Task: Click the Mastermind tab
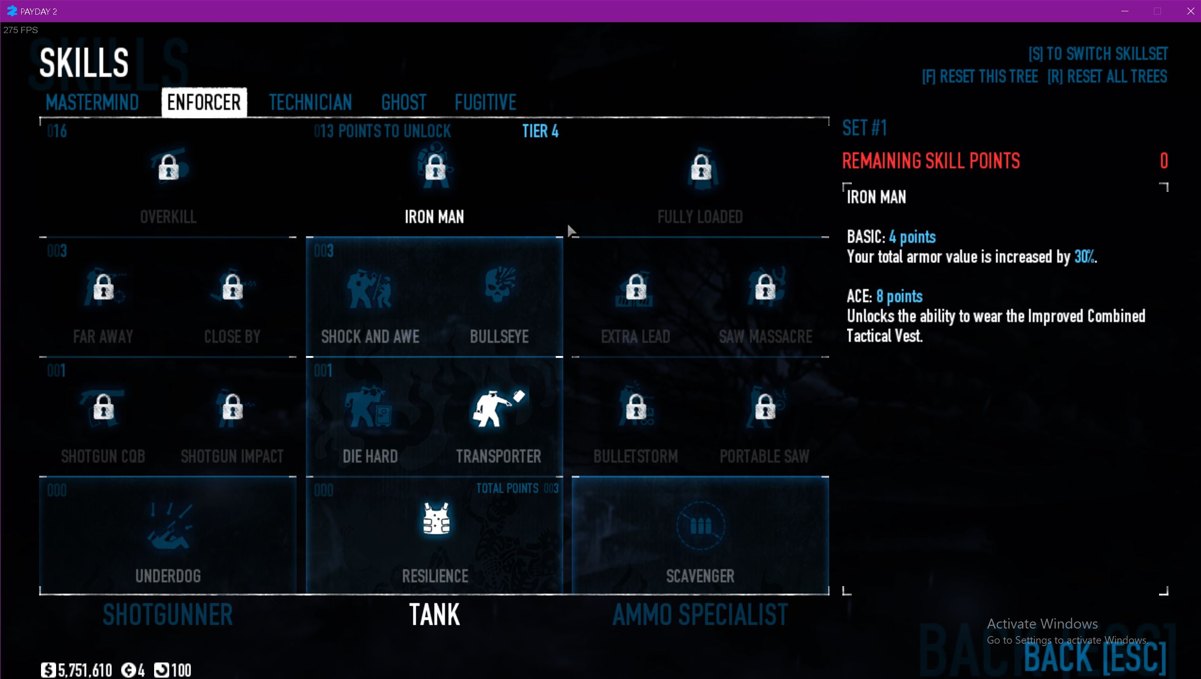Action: click(92, 102)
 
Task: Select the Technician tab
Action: click(310, 102)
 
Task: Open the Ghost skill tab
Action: click(403, 102)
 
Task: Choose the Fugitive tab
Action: click(485, 102)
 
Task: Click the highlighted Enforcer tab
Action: click(204, 102)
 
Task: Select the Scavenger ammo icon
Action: click(700, 525)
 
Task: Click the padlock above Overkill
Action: click(168, 167)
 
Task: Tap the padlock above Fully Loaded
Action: click(701, 167)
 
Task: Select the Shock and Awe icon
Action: click(370, 288)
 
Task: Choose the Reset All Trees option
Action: click(1107, 76)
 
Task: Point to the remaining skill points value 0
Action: click(1163, 161)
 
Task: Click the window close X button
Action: click(1190, 11)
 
